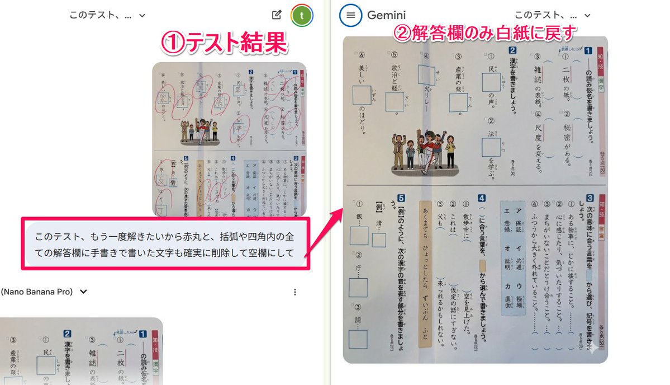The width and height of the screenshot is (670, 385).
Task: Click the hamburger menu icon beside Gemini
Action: tap(350, 16)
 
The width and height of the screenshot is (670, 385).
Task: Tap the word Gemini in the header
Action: tap(386, 16)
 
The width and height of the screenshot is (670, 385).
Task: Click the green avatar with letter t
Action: tap(302, 16)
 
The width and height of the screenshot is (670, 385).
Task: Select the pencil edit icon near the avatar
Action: tap(276, 16)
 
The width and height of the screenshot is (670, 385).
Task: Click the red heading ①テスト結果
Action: tap(224, 43)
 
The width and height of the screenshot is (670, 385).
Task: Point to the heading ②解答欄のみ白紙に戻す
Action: tap(485, 34)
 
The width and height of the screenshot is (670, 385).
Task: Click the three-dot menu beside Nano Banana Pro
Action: tap(294, 292)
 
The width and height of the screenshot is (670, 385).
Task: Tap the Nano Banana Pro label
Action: tap(37, 292)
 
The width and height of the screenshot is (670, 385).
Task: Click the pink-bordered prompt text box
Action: tap(164, 245)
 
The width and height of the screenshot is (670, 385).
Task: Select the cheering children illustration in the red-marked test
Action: tap(199, 132)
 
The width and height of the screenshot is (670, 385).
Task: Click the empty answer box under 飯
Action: tap(359, 236)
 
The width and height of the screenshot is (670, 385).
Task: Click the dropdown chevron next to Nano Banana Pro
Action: tap(84, 292)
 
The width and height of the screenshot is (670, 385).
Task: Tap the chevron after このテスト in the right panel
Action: tap(587, 16)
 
